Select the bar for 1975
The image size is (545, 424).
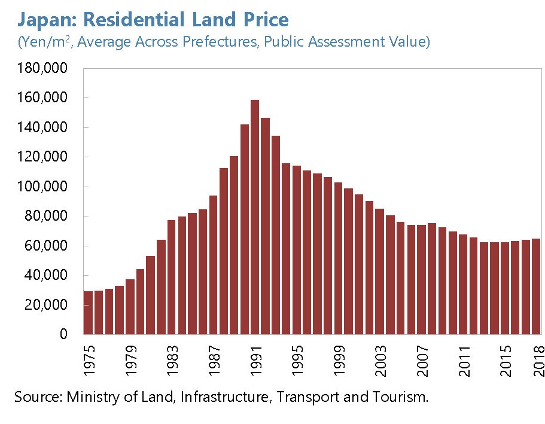[88, 312]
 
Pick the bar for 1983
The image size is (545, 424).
[172, 277]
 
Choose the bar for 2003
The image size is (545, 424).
[380, 271]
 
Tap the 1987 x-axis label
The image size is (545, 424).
[214, 361]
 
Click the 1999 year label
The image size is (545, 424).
[339, 361]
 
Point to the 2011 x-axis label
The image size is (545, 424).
[464, 361]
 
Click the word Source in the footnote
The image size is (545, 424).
[36, 397]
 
